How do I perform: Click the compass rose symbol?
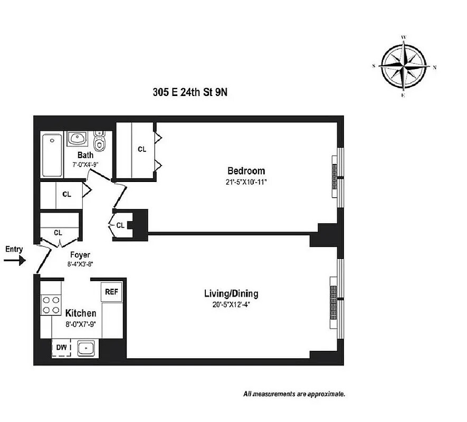pyautogui.click(x=404, y=67)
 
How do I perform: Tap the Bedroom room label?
pyautogui.click(x=246, y=171)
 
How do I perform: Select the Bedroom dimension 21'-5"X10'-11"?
pyautogui.click(x=246, y=182)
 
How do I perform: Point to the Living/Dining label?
pyautogui.click(x=231, y=294)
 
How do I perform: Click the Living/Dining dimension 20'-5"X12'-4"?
pyautogui.click(x=231, y=304)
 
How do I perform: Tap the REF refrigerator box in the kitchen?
pyautogui.click(x=111, y=292)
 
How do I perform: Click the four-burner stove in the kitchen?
pyautogui.click(x=51, y=304)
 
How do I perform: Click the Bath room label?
pyautogui.click(x=85, y=155)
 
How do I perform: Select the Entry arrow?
pyautogui.click(x=15, y=261)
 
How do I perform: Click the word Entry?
pyautogui.click(x=14, y=248)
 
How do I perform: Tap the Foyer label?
pyautogui.click(x=80, y=255)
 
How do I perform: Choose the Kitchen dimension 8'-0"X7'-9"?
pyautogui.click(x=81, y=324)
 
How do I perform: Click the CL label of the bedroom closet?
pyautogui.click(x=142, y=149)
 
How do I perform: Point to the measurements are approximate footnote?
pyautogui.click(x=294, y=394)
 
